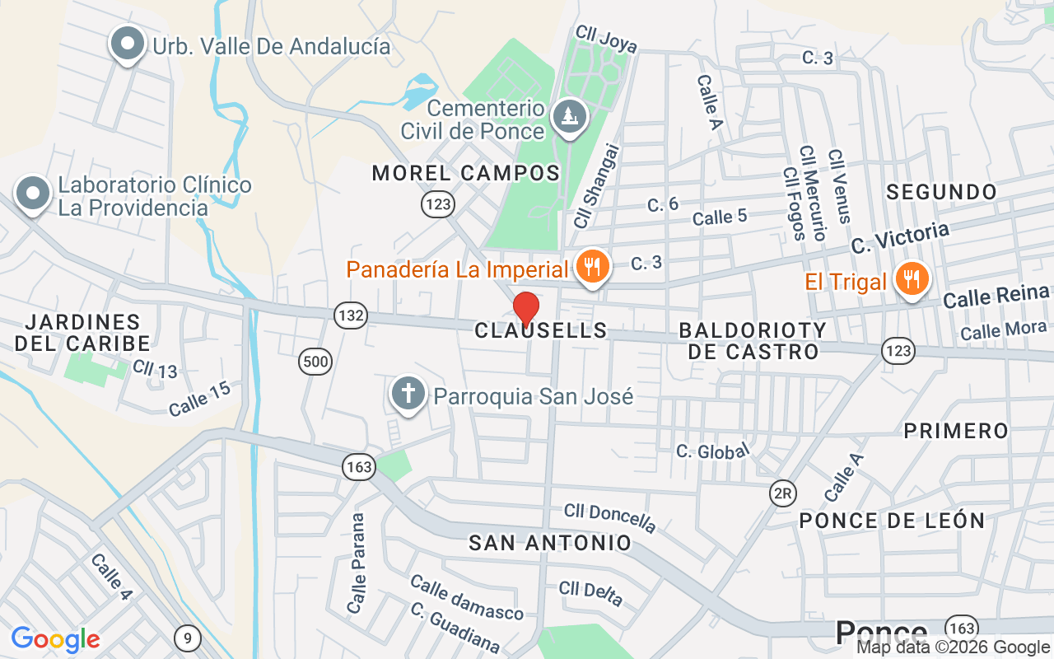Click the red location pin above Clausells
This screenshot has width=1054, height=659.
526,308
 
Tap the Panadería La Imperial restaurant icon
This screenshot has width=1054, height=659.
591,267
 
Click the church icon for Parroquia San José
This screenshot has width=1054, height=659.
407,394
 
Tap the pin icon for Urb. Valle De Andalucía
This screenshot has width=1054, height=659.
127,44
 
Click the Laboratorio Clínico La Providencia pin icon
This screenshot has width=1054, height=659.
33,194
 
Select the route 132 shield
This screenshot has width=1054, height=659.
351,315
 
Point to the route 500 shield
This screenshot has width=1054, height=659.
315,361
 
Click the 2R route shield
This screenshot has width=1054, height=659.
782,493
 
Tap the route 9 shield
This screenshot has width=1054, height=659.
188,637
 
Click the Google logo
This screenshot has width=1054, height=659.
55,638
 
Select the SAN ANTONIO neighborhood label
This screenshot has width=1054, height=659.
550,543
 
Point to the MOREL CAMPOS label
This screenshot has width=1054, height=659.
465,173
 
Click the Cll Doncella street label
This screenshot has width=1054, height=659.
610,517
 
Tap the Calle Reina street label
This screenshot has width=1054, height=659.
996,296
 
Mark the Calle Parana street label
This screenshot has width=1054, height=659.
357,563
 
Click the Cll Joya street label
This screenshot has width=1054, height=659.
606,39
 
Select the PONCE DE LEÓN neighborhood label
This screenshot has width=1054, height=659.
892,521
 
